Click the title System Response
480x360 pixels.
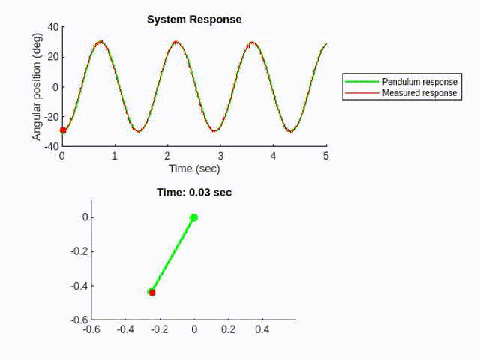tap(194, 19)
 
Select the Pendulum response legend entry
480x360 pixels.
tap(419, 81)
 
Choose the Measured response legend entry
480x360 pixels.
tap(419, 93)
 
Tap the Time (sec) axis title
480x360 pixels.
tap(193, 169)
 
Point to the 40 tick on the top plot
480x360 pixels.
tap(52, 27)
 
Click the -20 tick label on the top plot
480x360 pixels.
tap(50, 117)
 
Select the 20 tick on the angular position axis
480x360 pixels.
tap(52, 57)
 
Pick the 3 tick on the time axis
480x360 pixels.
tap(220, 156)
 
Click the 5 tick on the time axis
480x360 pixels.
tap(326, 156)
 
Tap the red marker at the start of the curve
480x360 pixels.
tap(63, 130)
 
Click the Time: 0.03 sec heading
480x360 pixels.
tap(193, 193)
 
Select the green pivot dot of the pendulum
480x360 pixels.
tap(193, 218)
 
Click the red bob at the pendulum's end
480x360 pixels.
tap(151, 292)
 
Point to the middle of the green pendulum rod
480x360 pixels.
tap(172, 255)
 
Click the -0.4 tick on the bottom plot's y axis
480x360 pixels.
tap(79, 286)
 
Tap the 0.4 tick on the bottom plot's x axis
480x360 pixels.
tap(262, 328)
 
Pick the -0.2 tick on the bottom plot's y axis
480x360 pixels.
tap(79, 252)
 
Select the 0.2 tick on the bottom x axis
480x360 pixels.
tap(228, 328)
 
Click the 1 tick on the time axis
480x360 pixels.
tap(115, 156)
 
